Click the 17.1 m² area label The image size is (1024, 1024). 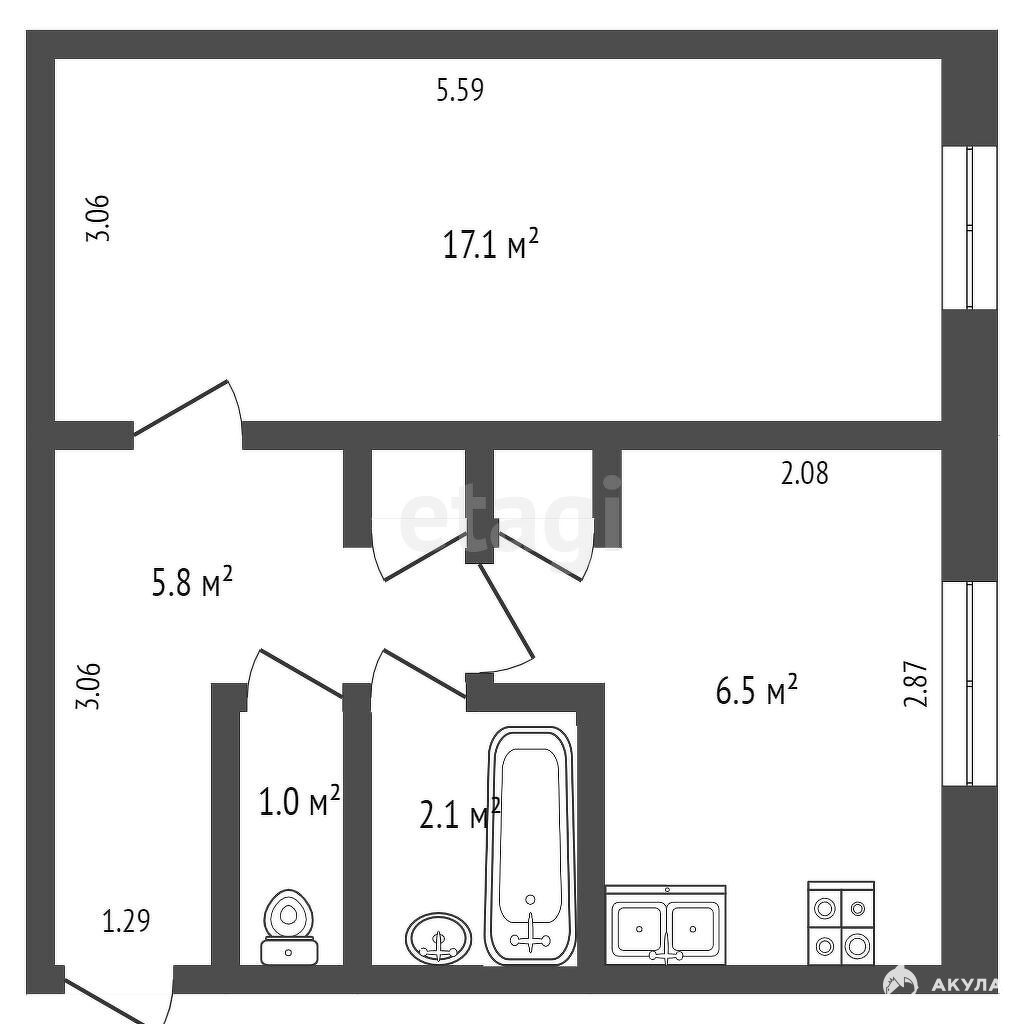(491, 244)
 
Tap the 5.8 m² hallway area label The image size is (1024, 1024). (192, 581)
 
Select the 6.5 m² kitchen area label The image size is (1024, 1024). (757, 690)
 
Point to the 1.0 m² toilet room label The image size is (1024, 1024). (300, 800)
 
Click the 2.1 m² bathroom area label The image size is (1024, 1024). (460, 814)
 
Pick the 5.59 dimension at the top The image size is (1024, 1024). (460, 89)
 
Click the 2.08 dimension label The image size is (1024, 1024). (805, 473)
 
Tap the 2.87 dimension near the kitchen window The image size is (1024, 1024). (916, 684)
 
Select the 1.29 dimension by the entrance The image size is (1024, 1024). (127, 921)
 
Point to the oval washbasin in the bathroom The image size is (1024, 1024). (438, 937)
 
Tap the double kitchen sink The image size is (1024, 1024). (665, 924)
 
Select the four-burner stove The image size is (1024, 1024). (841, 922)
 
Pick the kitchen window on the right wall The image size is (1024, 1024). (970, 682)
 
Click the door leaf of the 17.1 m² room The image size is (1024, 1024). (180, 408)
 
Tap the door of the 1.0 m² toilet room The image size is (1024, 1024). (302, 673)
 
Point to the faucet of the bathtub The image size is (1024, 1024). (530, 934)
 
